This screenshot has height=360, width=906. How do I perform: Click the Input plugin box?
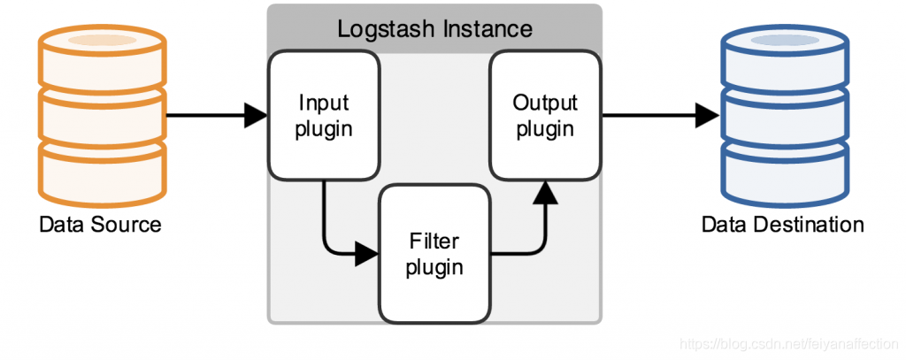(324, 116)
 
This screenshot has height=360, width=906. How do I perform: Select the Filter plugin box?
(434, 254)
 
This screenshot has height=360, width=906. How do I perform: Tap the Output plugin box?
(545, 116)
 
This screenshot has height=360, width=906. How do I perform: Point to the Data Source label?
(100, 224)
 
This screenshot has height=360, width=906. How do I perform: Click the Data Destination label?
(782, 224)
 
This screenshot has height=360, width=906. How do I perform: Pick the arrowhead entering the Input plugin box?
(256, 116)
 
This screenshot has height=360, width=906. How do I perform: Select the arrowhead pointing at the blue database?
(707, 116)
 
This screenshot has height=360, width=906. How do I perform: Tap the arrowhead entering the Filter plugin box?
(366, 254)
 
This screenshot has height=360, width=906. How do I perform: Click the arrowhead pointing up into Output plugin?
(545, 193)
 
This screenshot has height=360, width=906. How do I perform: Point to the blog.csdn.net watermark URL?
(791, 344)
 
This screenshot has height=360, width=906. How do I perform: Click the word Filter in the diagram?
(434, 241)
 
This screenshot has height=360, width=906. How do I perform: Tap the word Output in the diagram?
(545, 103)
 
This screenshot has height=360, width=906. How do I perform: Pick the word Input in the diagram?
(324, 103)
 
